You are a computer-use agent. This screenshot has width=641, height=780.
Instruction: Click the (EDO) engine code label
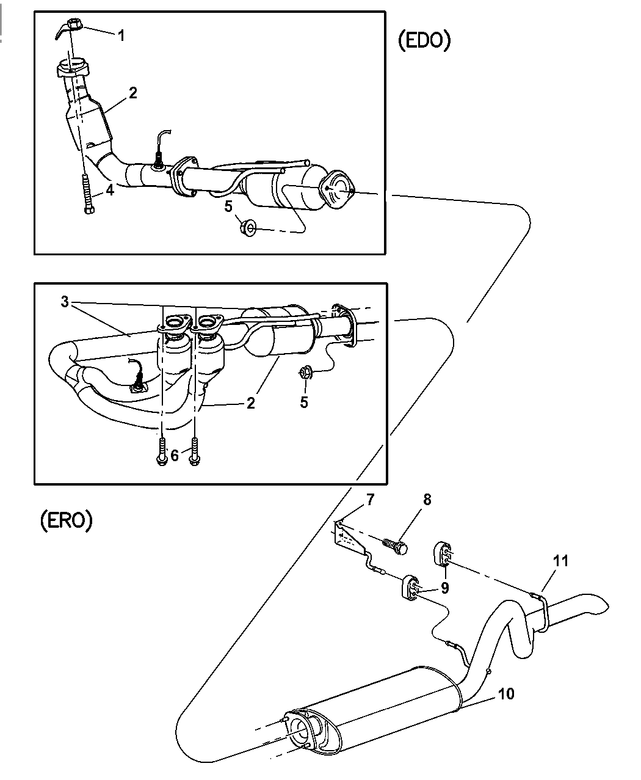pyautogui.click(x=424, y=40)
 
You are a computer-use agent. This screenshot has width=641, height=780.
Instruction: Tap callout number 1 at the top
pyautogui.click(x=121, y=35)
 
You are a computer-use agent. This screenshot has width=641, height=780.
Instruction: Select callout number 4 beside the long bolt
pyautogui.click(x=110, y=190)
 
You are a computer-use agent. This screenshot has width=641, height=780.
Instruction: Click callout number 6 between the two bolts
pyautogui.click(x=175, y=455)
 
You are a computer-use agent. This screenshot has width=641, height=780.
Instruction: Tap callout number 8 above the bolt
pyautogui.click(x=427, y=499)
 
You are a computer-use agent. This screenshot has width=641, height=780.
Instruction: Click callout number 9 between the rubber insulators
pyautogui.click(x=445, y=587)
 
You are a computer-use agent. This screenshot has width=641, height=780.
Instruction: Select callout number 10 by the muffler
pyautogui.click(x=506, y=693)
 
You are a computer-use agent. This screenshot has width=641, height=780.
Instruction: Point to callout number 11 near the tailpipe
pyautogui.click(x=560, y=560)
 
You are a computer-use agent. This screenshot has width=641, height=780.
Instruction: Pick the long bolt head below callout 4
pyautogui.click(x=89, y=210)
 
